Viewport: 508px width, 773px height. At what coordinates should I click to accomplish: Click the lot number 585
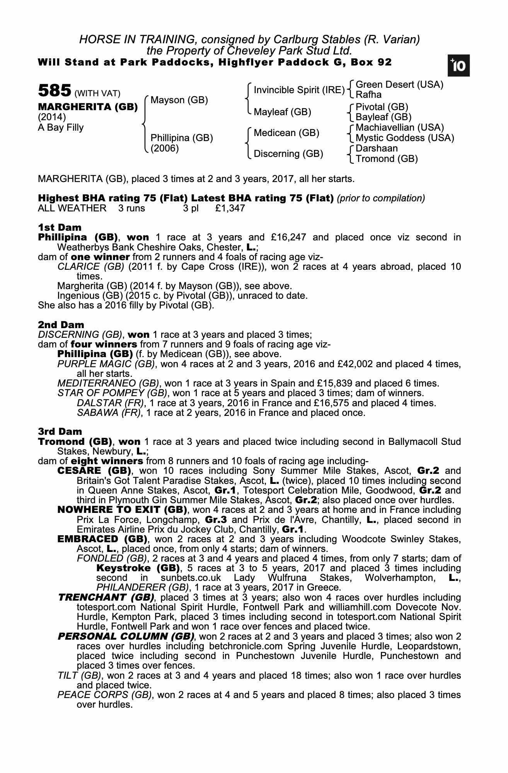pos(54,91)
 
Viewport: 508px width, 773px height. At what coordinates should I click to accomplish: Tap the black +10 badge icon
pos(459,66)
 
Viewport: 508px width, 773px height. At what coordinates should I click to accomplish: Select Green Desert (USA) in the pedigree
pos(399,85)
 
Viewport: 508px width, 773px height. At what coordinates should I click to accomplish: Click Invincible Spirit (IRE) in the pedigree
pos(299,90)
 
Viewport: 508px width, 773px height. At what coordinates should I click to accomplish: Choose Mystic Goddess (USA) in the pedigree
pos(405,138)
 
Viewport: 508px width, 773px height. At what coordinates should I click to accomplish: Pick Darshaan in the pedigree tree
pos(377,148)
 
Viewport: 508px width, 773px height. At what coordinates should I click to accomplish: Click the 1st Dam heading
pos(60,227)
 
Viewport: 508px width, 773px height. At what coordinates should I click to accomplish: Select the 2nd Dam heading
pos(61,325)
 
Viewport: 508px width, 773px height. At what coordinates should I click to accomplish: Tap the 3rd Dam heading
pos(60,431)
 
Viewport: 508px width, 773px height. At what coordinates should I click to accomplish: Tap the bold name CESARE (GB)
pos(94,471)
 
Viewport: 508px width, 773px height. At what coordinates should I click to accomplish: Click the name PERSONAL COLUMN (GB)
pos(126,636)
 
